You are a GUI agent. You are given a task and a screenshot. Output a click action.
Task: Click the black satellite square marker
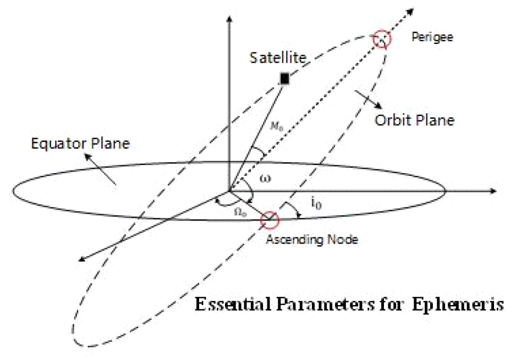click(284, 79)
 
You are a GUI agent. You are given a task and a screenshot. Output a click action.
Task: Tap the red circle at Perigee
click(381, 40)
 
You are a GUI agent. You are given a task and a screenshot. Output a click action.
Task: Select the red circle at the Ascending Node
click(270, 220)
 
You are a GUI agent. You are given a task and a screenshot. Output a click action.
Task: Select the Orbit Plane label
click(415, 120)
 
